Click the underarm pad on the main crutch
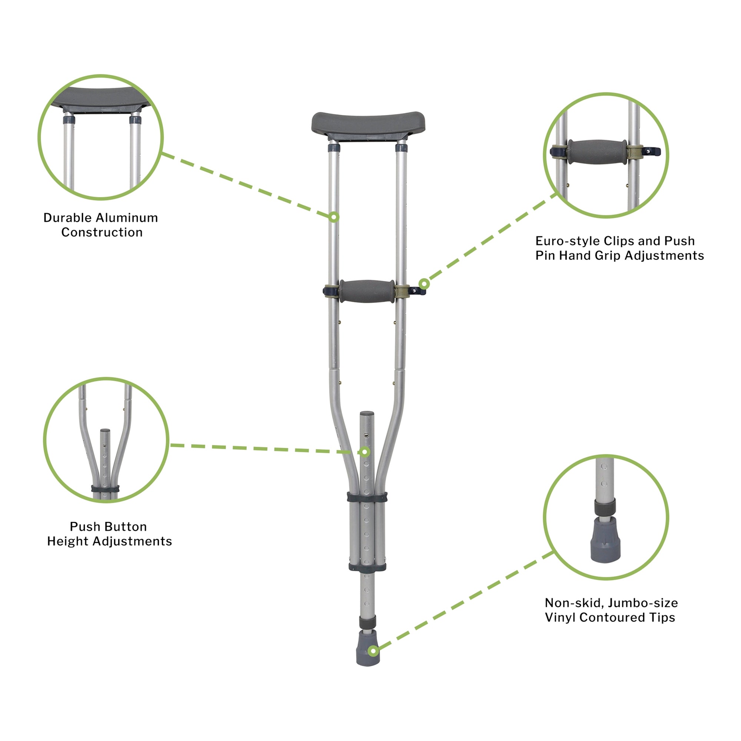(x=368, y=123)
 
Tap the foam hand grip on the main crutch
(x=366, y=291)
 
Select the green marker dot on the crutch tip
(x=373, y=651)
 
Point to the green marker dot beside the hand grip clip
(x=424, y=284)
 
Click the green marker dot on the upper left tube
(x=334, y=217)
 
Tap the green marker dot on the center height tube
(x=366, y=452)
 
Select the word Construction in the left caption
(x=102, y=232)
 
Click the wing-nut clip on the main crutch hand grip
(x=417, y=292)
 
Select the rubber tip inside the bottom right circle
(x=605, y=540)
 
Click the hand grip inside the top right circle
(x=597, y=152)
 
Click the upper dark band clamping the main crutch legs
(x=367, y=498)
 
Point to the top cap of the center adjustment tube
(x=367, y=414)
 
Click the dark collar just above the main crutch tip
(x=368, y=622)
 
